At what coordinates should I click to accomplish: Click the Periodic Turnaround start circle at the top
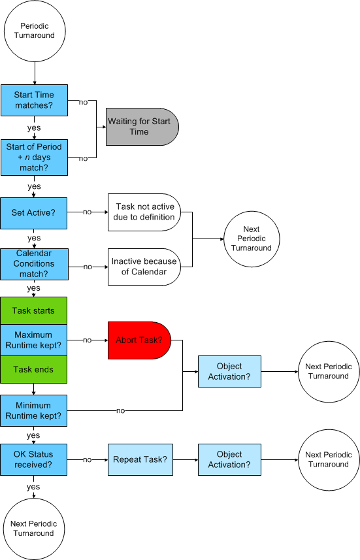click(34, 31)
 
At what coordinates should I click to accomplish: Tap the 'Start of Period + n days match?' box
click(34, 157)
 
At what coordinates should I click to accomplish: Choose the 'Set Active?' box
click(34, 212)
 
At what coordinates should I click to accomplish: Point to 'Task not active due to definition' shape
click(144, 212)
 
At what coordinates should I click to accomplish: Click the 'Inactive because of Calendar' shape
click(144, 267)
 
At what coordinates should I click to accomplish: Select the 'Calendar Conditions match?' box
click(34, 263)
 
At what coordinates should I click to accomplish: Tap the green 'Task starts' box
click(34, 310)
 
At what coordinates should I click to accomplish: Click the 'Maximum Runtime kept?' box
click(34, 340)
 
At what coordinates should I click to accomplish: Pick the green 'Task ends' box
click(34, 369)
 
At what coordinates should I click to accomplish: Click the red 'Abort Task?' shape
click(139, 340)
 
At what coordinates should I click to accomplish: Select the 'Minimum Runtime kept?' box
click(34, 410)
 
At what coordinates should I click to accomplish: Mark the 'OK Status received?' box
click(34, 459)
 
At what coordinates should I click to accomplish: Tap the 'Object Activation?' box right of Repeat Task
click(229, 459)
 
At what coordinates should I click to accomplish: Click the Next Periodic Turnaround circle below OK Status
click(34, 528)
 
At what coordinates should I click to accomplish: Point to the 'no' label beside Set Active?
click(87, 212)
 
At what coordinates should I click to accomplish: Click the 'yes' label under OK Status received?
click(33, 487)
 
